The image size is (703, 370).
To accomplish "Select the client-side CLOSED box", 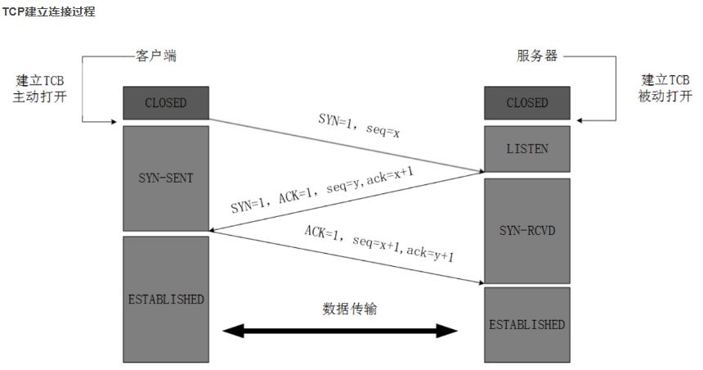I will click(x=166, y=103).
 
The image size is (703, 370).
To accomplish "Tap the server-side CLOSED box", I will click(x=527, y=103).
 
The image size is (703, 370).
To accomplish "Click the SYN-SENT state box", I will click(x=166, y=178).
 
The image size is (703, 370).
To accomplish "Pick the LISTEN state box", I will click(x=527, y=149).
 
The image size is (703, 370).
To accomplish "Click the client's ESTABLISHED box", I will click(x=166, y=299).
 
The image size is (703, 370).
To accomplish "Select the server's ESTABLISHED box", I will click(x=527, y=324).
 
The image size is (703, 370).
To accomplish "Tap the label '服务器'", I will click(x=537, y=56).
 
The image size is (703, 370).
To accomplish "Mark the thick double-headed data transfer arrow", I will click(x=341, y=331).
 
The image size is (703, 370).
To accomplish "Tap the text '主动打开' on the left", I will click(x=40, y=97).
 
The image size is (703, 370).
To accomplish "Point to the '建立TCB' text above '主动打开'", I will click(x=40, y=81).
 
